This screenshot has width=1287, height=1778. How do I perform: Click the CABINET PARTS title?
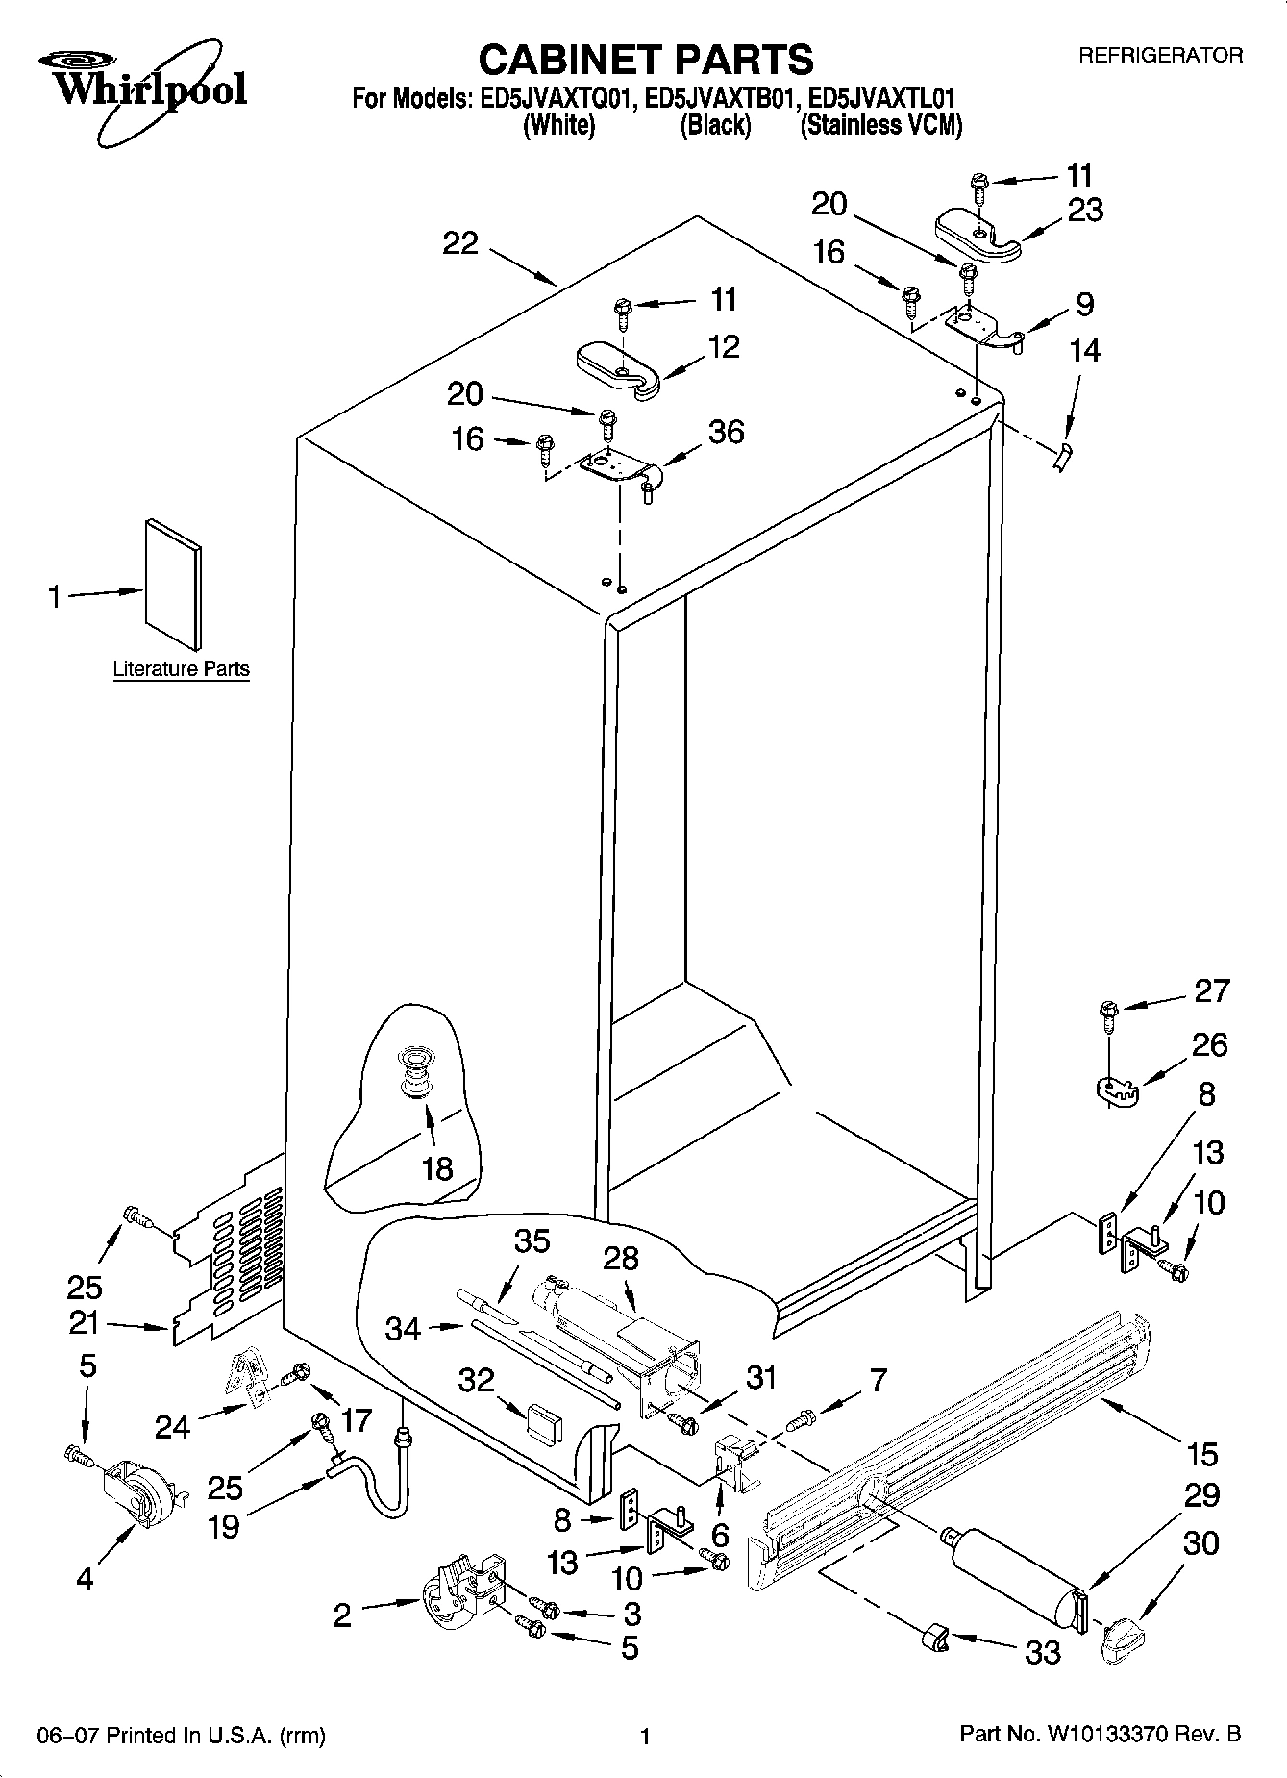(645, 60)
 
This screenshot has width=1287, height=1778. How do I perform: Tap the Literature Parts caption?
(181, 669)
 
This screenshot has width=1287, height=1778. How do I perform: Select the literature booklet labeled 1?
(173, 584)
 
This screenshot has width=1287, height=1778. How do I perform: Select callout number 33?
(1042, 1652)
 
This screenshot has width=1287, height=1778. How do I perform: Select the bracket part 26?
(1117, 1090)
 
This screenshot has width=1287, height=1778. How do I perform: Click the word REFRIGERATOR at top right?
(1160, 56)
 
